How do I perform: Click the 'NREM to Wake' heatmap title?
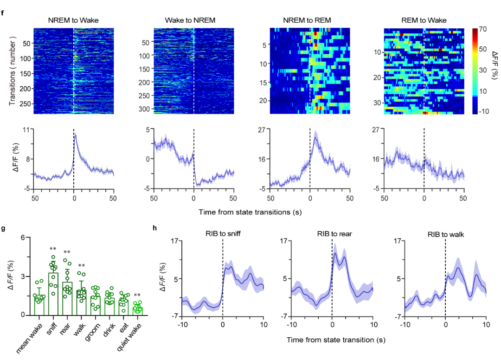point(73,20)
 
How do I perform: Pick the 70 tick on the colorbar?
point(483,29)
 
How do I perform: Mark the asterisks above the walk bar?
point(81,266)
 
